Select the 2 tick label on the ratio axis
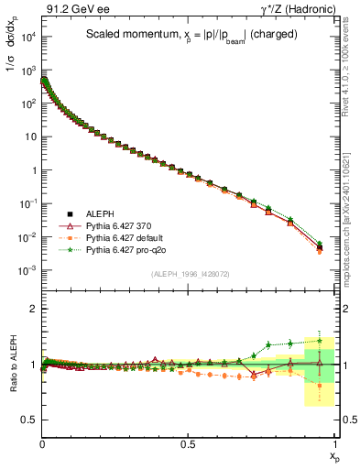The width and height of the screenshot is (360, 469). click(33, 309)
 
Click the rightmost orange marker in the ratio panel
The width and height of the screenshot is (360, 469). click(319, 386)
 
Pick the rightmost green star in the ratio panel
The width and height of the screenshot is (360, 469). click(319, 340)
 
